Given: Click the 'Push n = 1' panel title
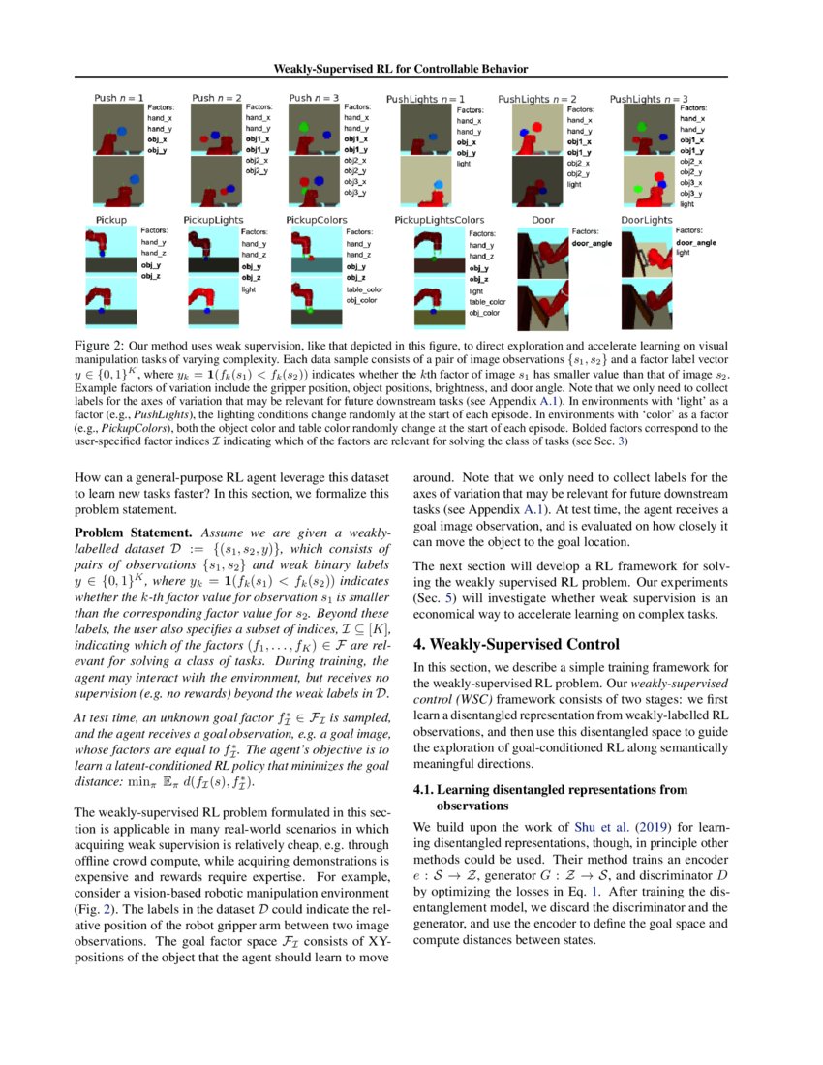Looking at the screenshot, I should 119,98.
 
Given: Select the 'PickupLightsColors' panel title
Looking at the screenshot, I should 439,221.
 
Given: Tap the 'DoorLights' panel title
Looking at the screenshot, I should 646,220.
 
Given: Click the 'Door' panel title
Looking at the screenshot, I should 543,220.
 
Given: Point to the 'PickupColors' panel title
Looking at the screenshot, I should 316,221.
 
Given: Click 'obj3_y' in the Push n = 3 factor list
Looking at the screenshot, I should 355,193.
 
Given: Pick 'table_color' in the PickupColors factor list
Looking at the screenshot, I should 364,289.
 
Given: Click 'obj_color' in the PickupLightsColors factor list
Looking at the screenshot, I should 484,314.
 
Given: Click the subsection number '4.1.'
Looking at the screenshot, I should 424,790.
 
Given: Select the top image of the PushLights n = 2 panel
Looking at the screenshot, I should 530,131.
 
